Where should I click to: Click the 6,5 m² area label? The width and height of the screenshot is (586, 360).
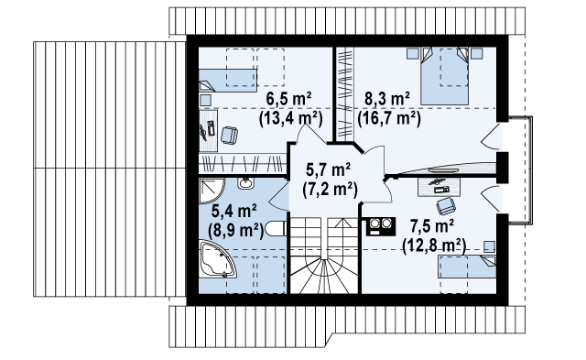pos(289,99)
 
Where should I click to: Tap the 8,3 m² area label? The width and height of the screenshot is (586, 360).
pos(387,99)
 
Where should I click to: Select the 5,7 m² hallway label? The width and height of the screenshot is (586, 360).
pos(329,170)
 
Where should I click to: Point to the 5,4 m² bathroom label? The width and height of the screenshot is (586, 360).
pos(234,212)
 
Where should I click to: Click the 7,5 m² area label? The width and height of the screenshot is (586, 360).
pos(432,226)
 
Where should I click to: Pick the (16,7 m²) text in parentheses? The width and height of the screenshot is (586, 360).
pos(389,119)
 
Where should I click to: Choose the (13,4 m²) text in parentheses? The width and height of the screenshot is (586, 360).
pos(291,119)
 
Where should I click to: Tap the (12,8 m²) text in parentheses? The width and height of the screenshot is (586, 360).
pos(434,246)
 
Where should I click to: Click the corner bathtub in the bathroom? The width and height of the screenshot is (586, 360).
pos(217,260)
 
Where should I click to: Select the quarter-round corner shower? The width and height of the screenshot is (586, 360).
pos(211,191)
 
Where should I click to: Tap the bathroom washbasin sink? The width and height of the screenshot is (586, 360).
pos(246,183)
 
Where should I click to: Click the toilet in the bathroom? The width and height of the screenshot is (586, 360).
pos(276,229)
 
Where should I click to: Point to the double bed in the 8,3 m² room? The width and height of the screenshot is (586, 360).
pos(444,76)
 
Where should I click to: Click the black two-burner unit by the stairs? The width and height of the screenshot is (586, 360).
pos(381,225)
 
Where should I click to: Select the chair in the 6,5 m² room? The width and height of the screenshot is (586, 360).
pos(230,135)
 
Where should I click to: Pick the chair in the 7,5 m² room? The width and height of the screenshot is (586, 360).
pos(446,206)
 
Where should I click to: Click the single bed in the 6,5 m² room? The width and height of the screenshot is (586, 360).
pos(228,80)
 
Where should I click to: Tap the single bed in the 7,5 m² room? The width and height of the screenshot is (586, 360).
pos(467,267)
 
